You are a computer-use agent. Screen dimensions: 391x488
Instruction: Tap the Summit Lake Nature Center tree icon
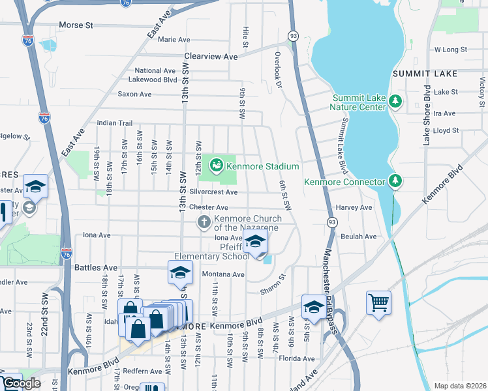(x=395, y=101)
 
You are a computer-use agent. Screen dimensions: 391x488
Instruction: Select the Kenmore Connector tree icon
(x=394, y=181)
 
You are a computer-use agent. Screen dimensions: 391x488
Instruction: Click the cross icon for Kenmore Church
(x=204, y=223)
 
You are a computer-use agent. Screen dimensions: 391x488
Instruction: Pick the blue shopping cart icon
(x=378, y=303)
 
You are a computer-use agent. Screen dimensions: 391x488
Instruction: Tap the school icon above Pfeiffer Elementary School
(x=256, y=240)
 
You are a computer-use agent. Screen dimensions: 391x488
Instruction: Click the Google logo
(x=21, y=383)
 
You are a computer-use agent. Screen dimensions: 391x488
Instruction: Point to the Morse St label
(x=76, y=25)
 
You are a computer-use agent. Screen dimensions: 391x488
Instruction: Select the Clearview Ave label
(x=211, y=57)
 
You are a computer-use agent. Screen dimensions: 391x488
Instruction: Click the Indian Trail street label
(x=115, y=123)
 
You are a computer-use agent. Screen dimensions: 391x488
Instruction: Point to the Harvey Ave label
(x=354, y=207)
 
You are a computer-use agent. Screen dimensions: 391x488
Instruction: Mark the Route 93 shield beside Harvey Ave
(x=332, y=222)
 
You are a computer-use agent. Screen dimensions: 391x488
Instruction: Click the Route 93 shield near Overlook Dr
(x=294, y=35)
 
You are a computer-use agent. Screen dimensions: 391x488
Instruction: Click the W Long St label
(x=451, y=49)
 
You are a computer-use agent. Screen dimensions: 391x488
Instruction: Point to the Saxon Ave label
(x=134, y=94)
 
